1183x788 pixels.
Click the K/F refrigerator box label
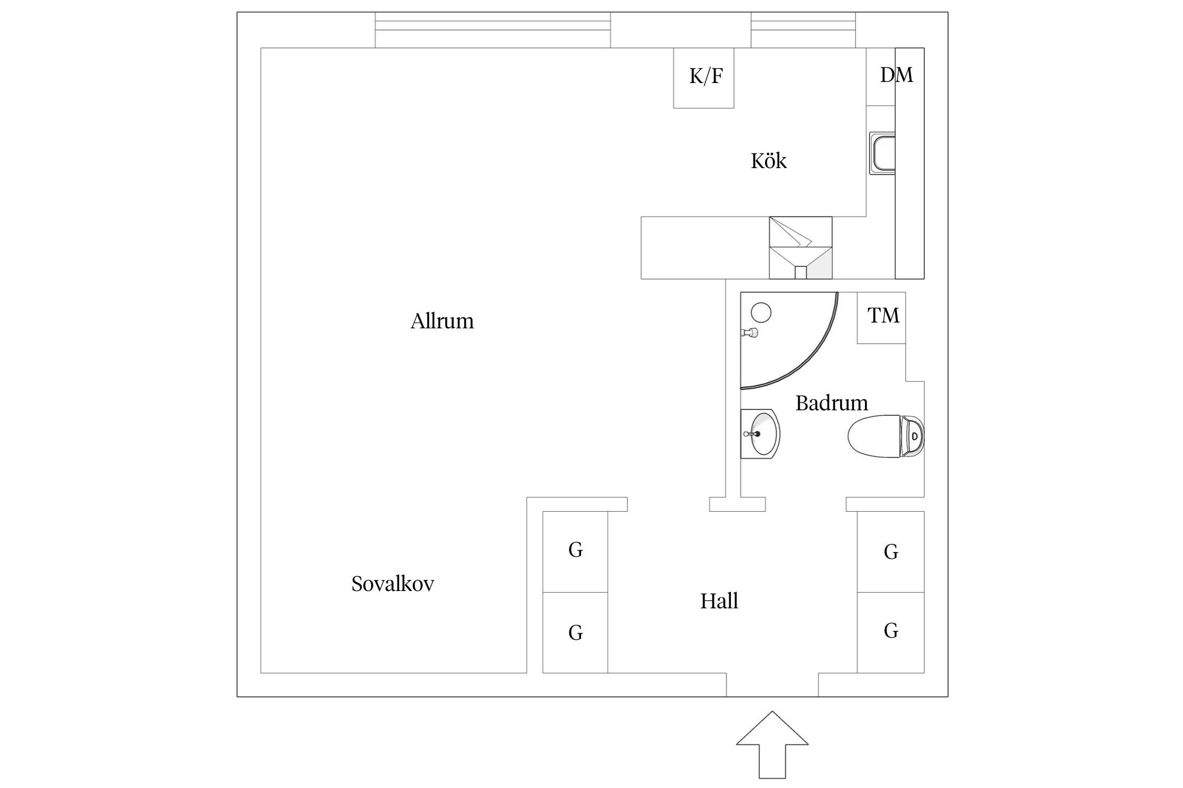705,77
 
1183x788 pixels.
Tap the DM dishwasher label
896,75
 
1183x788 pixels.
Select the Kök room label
768,161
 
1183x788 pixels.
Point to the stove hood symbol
800,247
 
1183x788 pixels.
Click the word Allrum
442,321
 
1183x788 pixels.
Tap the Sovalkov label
392,584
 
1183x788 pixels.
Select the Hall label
719,600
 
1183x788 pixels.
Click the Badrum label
831,403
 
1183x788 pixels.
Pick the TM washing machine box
882,317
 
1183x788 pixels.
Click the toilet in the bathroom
886,436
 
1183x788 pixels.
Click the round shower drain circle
761,313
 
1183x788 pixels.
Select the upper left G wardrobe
575,551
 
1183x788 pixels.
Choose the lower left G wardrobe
575,633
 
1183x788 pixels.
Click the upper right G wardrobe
890,552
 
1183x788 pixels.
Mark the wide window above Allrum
493,30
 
